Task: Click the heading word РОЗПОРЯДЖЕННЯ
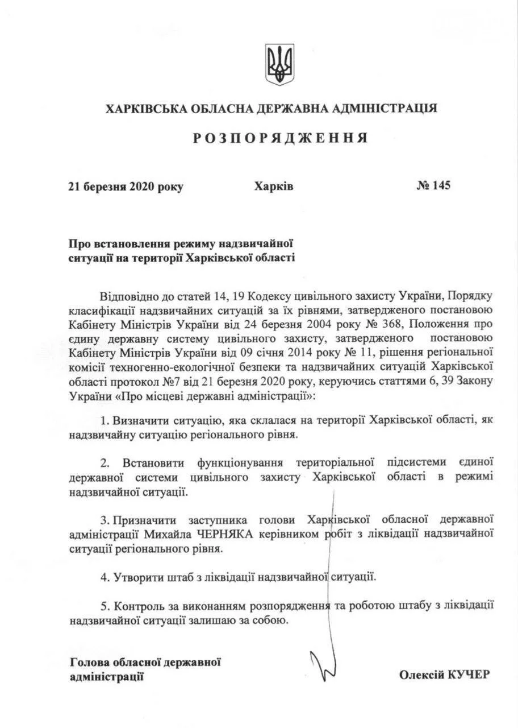[279, 138]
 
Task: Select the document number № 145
[433, 186]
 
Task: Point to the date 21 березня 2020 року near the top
[126, 187]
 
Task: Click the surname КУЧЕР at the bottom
[469, 674]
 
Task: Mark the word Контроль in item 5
[137, 606]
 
